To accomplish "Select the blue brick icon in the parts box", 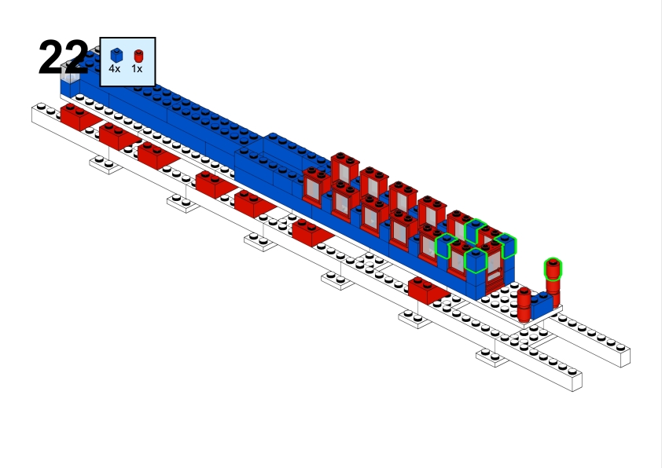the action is pos(116,55).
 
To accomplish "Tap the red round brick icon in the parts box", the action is pos(138,56).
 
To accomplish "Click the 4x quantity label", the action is pos(115,69).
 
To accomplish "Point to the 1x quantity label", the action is pos(137,69).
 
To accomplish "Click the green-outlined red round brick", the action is pos(553,269).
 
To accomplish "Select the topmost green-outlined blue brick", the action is pos(476,231).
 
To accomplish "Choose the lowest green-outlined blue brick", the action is pos(476,261).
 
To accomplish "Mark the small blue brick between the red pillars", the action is pos(542,305).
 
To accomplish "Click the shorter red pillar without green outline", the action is pos(524,304).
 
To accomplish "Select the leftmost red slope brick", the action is pos(80,117).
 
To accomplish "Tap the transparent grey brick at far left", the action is pos(70,71).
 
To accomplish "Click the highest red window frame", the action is pos(345,168).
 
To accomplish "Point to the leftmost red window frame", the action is pos(316,187).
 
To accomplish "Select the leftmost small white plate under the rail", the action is pos(105,164).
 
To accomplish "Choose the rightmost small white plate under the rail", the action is pos(492,357).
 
